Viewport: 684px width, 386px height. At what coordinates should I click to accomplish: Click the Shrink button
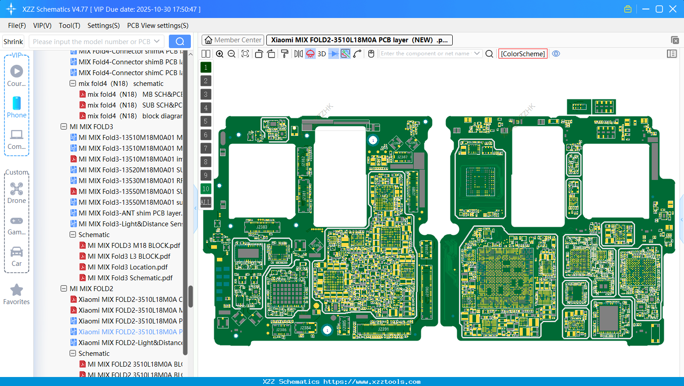(13, 42)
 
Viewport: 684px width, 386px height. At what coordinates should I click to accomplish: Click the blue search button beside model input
(180, 41)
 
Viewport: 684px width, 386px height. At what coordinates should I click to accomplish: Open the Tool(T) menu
(69, 26)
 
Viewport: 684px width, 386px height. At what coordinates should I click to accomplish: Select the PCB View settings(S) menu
(158, 26)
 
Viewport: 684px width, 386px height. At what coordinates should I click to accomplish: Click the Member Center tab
(233, 40)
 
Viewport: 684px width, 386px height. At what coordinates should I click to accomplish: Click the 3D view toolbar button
(322, 54)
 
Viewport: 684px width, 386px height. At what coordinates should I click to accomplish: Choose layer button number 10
(206, 189)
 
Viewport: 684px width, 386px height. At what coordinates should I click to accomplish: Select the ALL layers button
(206, 202)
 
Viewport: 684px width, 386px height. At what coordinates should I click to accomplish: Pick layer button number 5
(206, 121)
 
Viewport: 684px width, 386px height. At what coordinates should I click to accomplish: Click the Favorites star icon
(17, 290)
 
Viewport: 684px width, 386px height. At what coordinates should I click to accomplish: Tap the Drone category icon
(17, 189)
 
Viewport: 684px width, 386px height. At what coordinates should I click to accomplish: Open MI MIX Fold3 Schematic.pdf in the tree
(130, 278)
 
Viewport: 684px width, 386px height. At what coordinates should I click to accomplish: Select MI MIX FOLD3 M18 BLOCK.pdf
(134, 246)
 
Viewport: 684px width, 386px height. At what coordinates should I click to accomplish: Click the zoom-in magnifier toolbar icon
(220, 54)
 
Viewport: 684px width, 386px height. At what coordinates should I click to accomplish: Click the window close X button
(673, 9)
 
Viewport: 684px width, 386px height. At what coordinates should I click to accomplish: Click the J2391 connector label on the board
(383, 329)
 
